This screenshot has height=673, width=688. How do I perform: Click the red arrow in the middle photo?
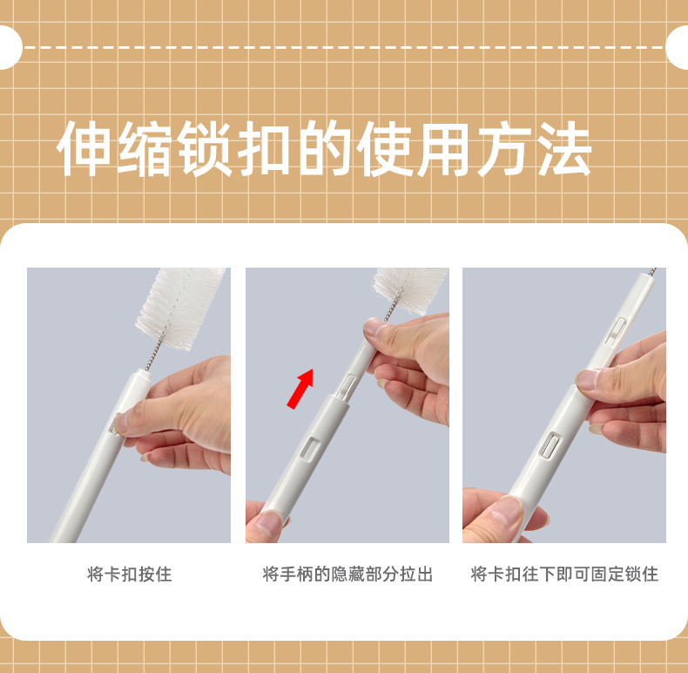pyautogui.click(x=300, y=388)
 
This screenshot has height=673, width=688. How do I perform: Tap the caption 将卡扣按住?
pyautogui.click(x=130, y=574)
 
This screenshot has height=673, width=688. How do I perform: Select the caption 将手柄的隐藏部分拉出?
pyautogui.click(x=347, y=574)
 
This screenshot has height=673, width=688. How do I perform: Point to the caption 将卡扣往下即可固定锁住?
pyautogui.click(x=564, y=574)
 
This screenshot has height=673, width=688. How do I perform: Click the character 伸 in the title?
pyautogui.click(x=84, y=148)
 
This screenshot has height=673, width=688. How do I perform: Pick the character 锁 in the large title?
pyautogui.click(x=204, y=148)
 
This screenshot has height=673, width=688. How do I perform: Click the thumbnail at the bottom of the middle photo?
pyautogui.click(x=268, y=523)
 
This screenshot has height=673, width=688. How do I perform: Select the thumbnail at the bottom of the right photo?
pyautogui.click(x=507, y=511)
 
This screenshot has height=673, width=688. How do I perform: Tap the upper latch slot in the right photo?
pyautogui.click(x=615, y=330)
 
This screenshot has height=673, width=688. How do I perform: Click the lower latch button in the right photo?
pyautogui.click(x=550, y=445)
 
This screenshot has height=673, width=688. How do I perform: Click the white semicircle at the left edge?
pyautogui.click(x=10, y=47)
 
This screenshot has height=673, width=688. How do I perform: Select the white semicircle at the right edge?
pyautogui.click(x=677, y=47)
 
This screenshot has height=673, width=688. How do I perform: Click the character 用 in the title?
pyautogui.click(x=443, y=148)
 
